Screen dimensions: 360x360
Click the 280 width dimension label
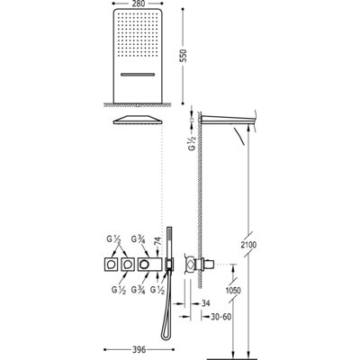[x=138, y=4]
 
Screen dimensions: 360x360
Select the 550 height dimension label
[x=184, y=56]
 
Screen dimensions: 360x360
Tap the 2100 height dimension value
[x=248, y=245]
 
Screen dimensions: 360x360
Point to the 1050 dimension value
[x=233, y=291]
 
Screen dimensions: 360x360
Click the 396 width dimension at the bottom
[x=139, y=349]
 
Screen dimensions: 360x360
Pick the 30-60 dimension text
[x=220, y=317]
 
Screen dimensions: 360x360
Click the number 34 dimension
[x=205, y=303]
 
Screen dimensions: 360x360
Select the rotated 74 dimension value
[x=158, y=242]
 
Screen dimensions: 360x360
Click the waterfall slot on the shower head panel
[x=138, y=74]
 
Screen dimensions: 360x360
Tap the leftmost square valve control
[x=112, y=265]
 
